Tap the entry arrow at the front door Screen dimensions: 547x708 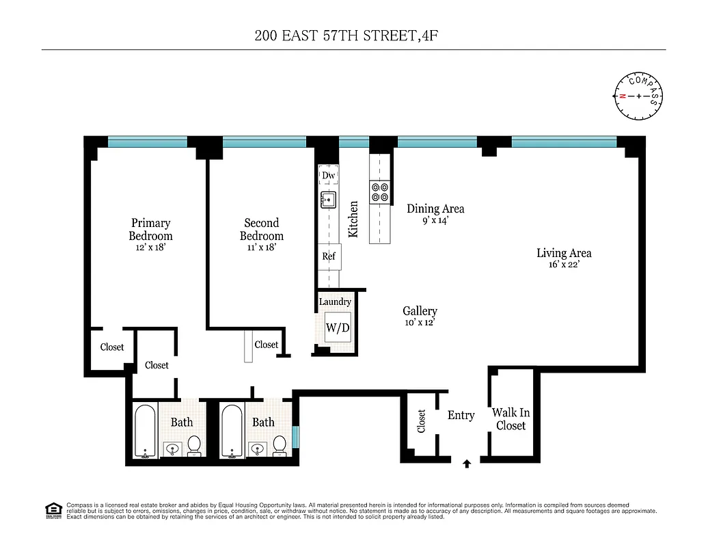point(467,464)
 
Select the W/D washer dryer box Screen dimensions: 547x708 point(337,328)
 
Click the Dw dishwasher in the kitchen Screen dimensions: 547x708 point(329,176)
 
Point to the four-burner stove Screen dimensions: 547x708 point(379,192)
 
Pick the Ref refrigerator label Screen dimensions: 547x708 point(329,256)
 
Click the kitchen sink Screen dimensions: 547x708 point(328,200)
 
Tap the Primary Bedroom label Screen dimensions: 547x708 point(150,229)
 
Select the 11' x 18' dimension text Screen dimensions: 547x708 point(261,248)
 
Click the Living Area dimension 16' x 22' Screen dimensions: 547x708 point(563,265)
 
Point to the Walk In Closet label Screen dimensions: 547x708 point(510,419)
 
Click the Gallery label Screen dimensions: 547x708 point(420,311)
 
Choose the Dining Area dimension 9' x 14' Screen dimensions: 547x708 point(435,220)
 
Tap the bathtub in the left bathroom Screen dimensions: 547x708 point(145,431)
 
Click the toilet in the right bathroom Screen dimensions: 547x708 point(279,445)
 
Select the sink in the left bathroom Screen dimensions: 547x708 point(172,449)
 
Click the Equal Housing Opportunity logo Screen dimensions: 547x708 point(52,509)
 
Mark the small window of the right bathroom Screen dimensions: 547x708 point(295,436)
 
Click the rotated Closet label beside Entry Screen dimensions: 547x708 point(421,421)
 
